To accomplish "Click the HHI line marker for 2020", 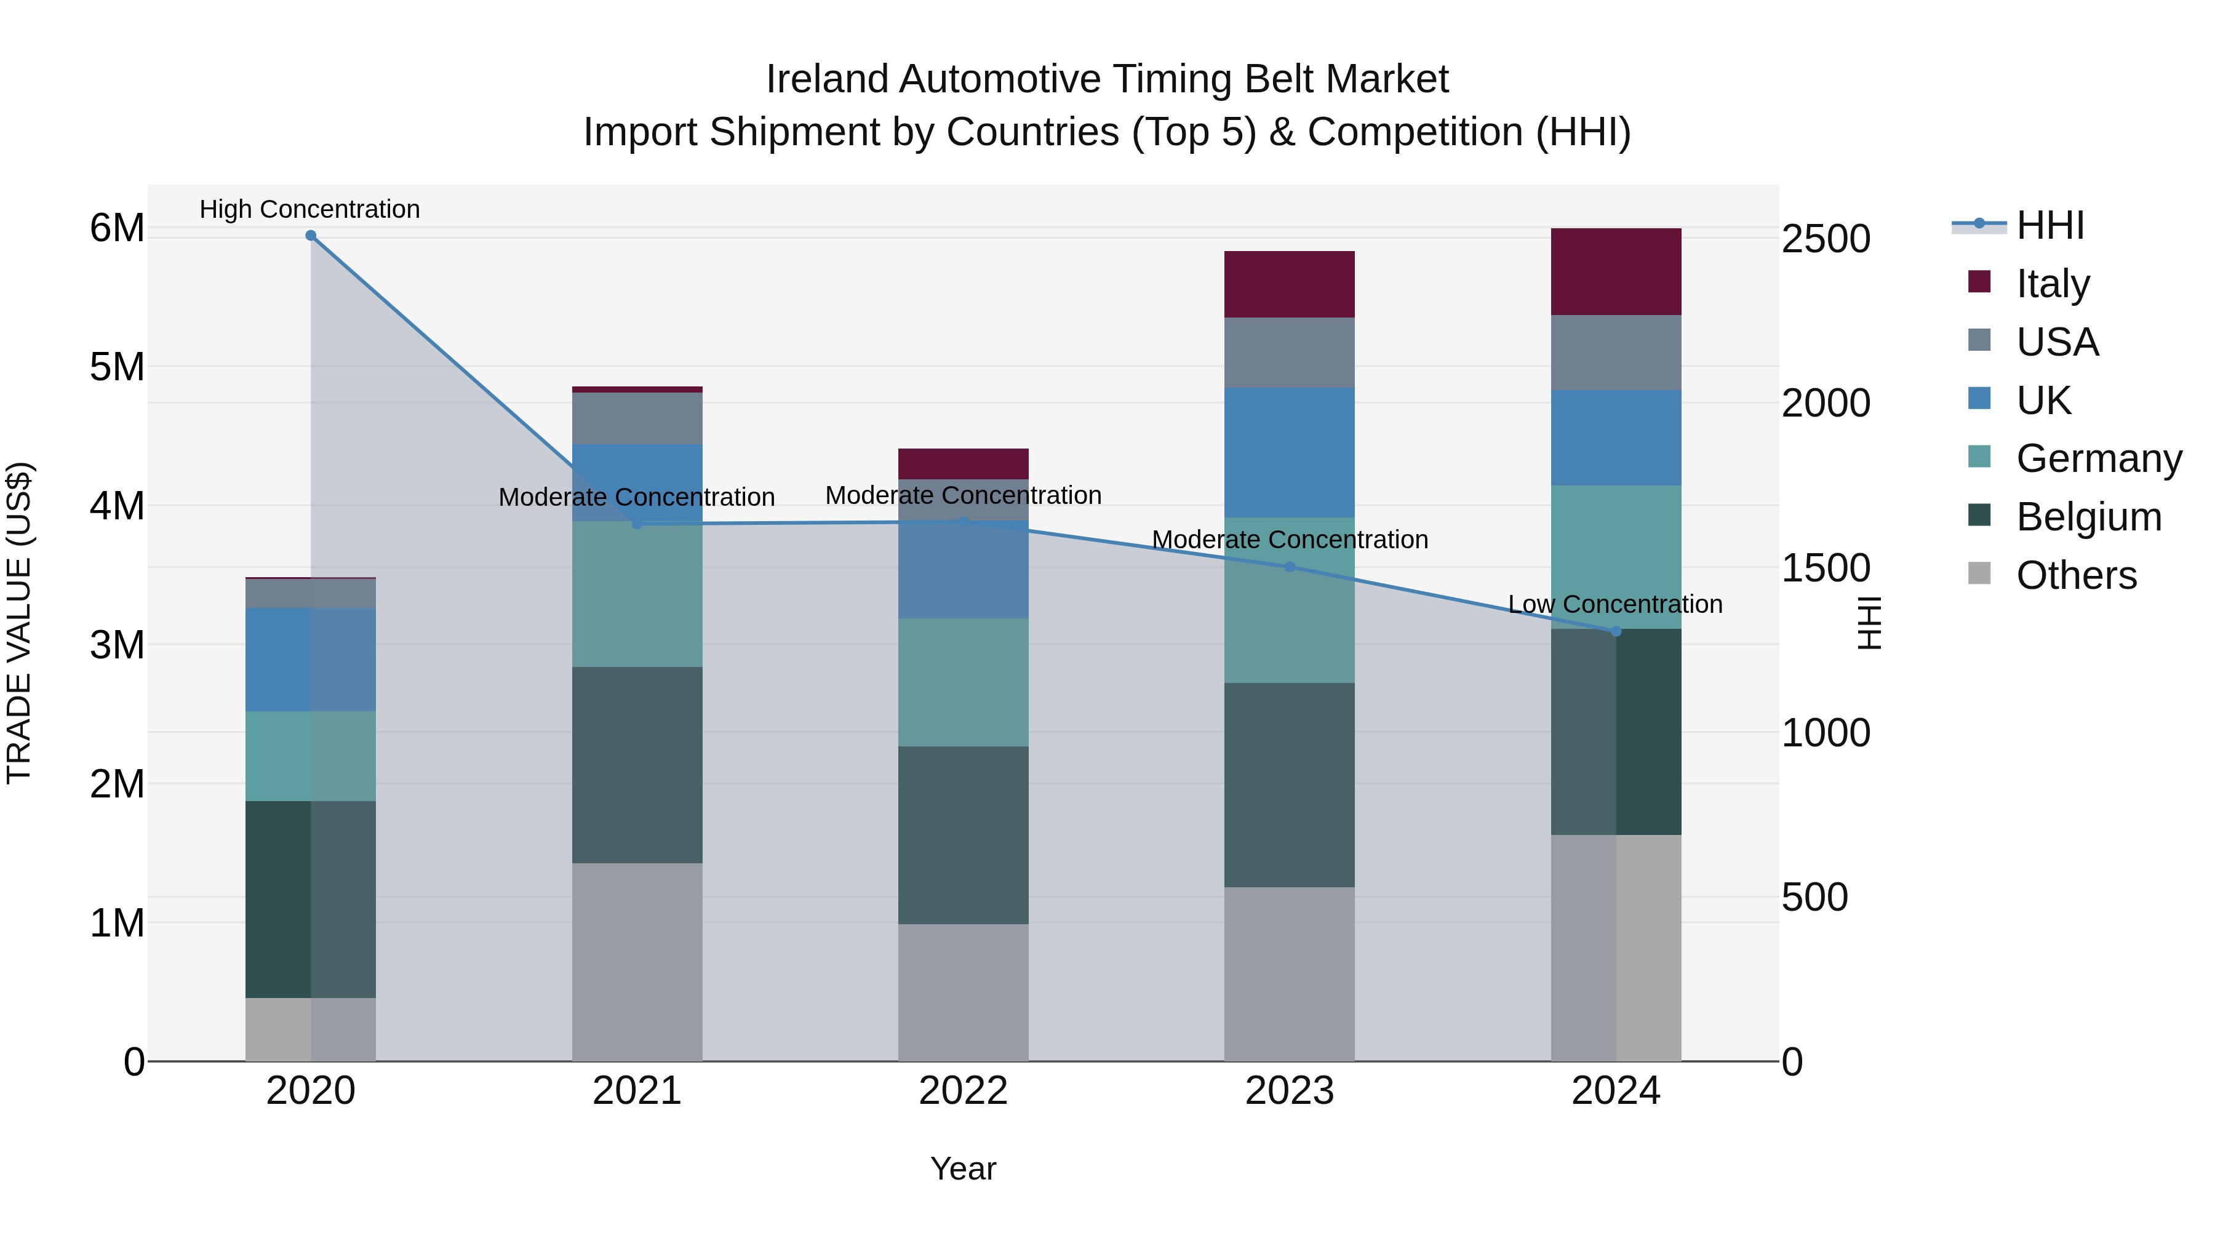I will click(311, 236).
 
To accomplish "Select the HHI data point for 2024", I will click(1615, 631).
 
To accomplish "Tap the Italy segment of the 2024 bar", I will click(1615, 272).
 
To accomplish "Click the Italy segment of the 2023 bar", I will click(1289, 285).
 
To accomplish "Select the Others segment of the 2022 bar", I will click(963, 992).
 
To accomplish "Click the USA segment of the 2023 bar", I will click(1289, 353).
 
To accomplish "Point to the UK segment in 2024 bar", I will click(1615, 437).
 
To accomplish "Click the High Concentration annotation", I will click(309, 209).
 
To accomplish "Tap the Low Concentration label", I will click(1615, 604).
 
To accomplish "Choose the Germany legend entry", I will click(2098, 458).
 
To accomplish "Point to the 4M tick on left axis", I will click(117, 506).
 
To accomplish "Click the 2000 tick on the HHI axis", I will click(1825, 403).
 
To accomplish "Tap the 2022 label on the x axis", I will click(963, 1090).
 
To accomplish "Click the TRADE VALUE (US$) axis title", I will click(19, 623).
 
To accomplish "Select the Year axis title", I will click(963, 1168).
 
